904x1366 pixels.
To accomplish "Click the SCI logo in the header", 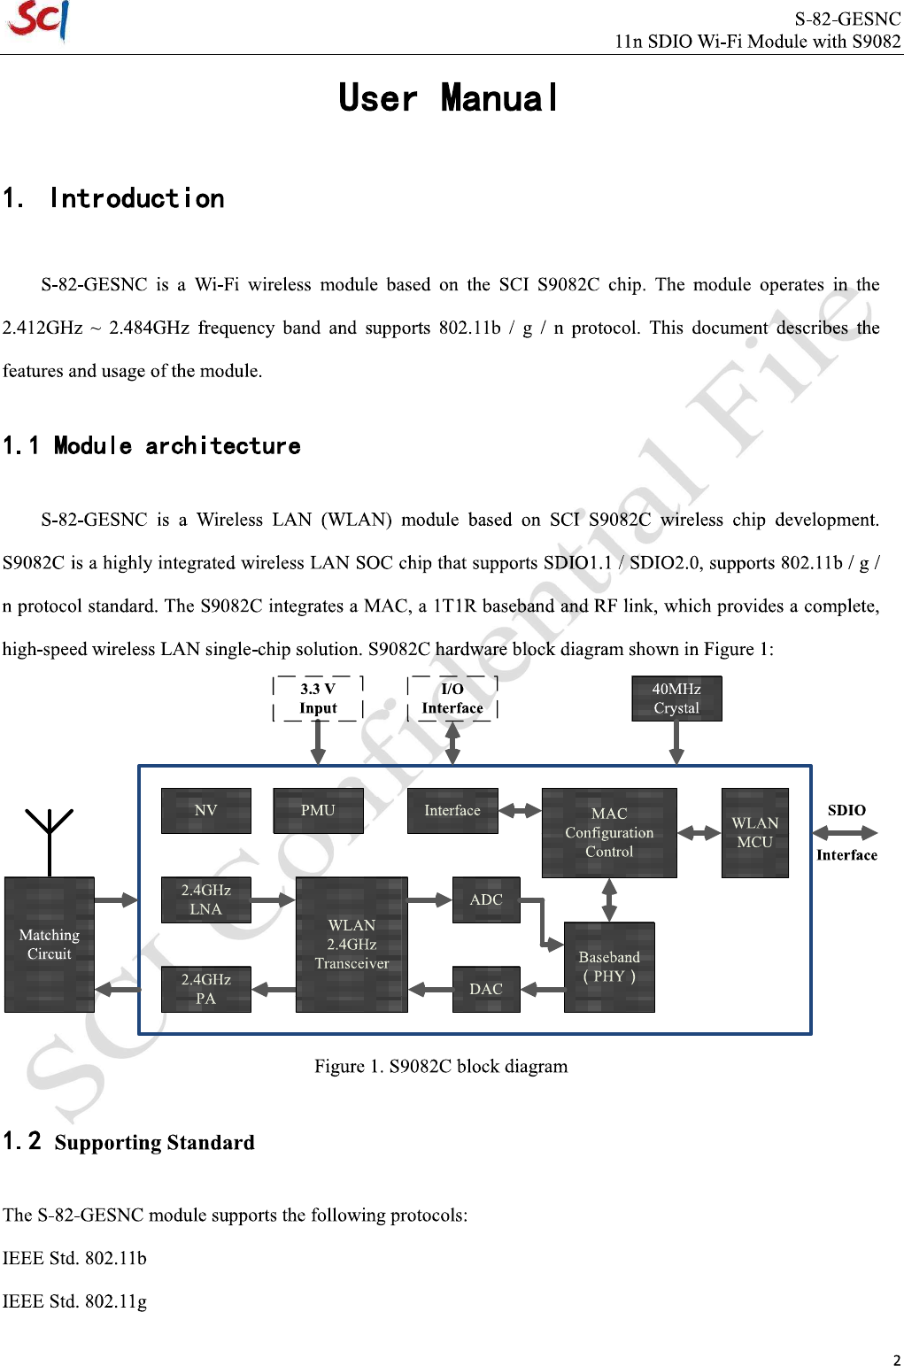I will pyautogui.click(x=37, y=20).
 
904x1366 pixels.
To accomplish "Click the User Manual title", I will pyautogui.click(x=448, y=98).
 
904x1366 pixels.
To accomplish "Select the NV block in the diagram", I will pyautogui.click(x=205, y=810).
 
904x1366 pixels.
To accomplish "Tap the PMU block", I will pyautogui.click(x=318, y=810).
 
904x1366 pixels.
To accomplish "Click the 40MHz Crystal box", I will pyautogui.click(x=676, y=698).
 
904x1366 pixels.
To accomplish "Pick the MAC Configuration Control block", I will pyautogui.click(x=609, y=832).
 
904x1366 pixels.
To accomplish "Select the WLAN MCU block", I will pyautogui.click(x=754, y=832).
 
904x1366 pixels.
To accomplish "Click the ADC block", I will pyautogui.click(x=486, y=899).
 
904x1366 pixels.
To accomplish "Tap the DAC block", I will pyautogui.click(x=486, y=989).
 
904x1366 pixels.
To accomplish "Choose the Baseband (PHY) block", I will pyautogui.click(x=609, y=967).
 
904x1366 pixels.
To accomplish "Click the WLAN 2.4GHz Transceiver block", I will pyautogui.click(x=352, y=944).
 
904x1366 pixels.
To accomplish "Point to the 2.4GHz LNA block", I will pyautogui.click(x=205, y=899).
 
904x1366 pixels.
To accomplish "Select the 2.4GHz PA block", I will pyautogui.click(x=205, y=989).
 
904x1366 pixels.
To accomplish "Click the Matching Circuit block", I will pyautogui.click(x=50, y=944).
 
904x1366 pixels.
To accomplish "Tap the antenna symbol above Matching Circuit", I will pyautogui.click(x=50, y=837).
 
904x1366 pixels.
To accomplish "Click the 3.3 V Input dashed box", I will pyautogui.click(x=318, y=698).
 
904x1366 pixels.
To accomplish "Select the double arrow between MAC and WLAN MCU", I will pyautogui.click(x=699, y=833).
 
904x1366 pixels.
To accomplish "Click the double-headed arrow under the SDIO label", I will pyautogui.click(x=845, y=833).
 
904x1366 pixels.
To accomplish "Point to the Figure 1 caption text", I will pyautogui.click(x=441, y=1066).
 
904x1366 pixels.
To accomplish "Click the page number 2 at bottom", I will pyautogui.click(x=896, y=1360).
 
